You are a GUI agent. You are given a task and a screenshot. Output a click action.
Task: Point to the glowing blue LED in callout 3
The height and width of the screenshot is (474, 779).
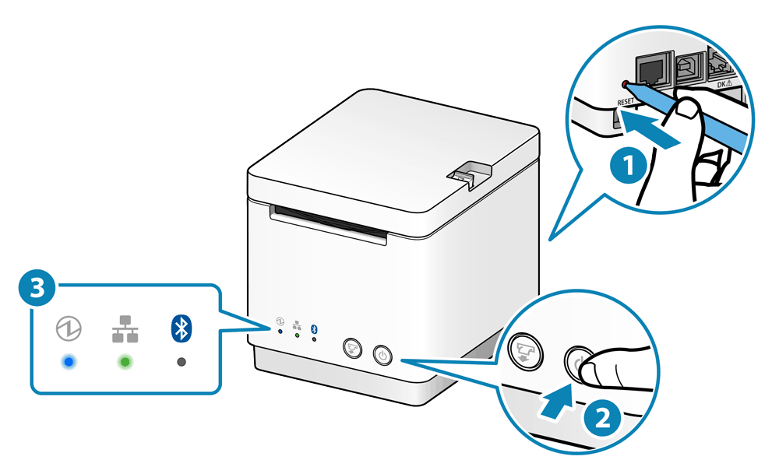click(69, 363)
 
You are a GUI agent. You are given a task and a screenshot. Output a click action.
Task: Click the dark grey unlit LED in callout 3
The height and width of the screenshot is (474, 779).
click(181, 363)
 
